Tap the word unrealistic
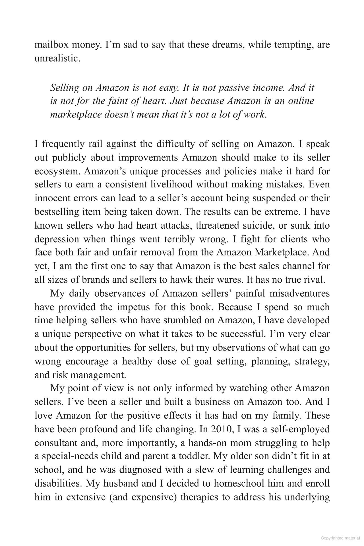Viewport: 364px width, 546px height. [57, 59]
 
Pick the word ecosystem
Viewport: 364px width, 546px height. [57, 171]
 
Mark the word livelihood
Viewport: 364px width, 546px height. [171, 185]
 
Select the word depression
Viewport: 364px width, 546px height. [57, 239]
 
